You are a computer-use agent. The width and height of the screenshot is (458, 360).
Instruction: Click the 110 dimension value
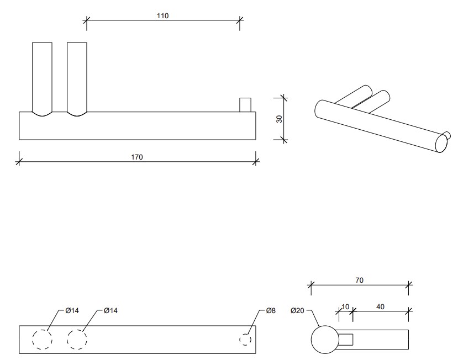[162, 15]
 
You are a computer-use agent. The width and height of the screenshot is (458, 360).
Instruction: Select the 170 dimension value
[137, 157]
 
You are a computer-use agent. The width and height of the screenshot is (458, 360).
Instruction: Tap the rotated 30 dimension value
[279, 119]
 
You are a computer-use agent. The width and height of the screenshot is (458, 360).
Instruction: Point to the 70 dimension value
[359, 280]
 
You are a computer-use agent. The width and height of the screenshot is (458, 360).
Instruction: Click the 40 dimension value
[380, 305]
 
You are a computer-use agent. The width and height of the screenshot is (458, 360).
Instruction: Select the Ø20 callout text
[298, 311]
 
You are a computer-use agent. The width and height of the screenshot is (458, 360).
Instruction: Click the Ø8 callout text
[270, 311]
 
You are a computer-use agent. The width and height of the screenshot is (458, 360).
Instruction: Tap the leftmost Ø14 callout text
[72, 311]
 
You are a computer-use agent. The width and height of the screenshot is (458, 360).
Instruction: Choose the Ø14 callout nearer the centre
[110, 311]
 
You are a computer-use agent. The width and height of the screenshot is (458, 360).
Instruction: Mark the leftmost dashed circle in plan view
[42, 340]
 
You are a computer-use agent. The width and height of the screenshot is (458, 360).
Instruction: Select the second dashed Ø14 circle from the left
[77, 340]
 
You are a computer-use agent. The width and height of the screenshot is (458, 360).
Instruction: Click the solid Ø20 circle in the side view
[324, 339]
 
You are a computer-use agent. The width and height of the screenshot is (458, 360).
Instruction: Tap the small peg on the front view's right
[245, 105]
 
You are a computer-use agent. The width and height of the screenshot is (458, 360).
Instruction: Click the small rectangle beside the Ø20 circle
[346, 340]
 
